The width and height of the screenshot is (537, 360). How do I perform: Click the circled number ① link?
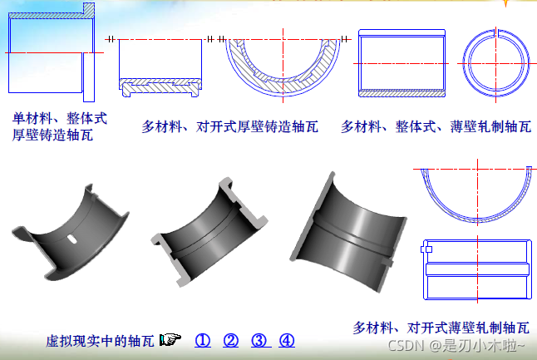pyautogui.click(x=203, y=341)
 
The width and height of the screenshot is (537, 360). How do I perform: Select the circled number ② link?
pyautogui.click(x=231, y=341)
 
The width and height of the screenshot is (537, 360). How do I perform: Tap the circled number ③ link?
pyautogui.click(x=259, y=341)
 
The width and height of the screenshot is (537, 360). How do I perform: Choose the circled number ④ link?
pyautogui.click(x=287, y=341)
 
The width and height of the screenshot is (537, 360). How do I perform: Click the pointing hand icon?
pyautogui.click(x=170, y=340)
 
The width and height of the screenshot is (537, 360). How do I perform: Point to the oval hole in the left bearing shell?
pyautogui.click(x=72, y=239)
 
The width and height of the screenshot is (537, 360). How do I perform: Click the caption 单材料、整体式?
pyautogui.click(x=60, y=119)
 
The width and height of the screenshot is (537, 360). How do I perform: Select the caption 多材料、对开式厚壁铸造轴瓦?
pyautogui.click(x=229, y=126)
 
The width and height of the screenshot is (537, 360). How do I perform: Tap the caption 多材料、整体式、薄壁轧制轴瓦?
pyautogui.click(x=436, y=126)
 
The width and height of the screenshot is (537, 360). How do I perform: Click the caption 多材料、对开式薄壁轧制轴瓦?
pyautogui.click(x=441, y=328)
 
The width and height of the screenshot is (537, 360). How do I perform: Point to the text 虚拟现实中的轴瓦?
pyautogui.click(x=100, y=341)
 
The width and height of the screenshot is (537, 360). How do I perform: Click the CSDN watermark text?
pyautogui.click(x=456, y=345)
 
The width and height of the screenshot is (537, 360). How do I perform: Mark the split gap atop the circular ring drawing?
pyautogui.click(x=496, y=33)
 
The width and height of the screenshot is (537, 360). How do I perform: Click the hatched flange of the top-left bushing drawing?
pyautogui.click(x=89, y=10)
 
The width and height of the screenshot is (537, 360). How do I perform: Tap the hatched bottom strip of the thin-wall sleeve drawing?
pyautogui.click(x=402, y=93)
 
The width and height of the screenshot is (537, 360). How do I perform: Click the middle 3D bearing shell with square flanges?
pyautogui.click(x=209, y=232)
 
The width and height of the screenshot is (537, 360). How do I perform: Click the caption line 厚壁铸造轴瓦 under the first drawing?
pyautogui.click(x=52, y=135)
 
